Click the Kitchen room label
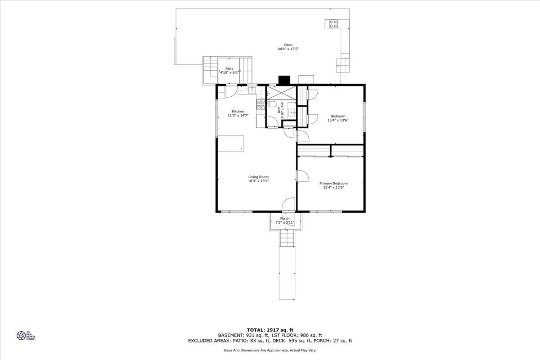click(x=238, y=112)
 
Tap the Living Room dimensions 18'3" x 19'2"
click(x=258, y=181)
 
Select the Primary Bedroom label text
click(x=333, y=184)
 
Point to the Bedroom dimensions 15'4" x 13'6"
click(x=338, y=120)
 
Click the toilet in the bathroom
click(x=272, y=104)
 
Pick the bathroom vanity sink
click(x=292, y=112)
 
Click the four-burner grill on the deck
click(x=333, y=24)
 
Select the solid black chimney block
click(x=284, y=80)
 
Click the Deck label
click(x=288, y=45)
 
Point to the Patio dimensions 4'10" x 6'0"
click(x=229, y=72)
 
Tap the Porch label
click(x=285, y=218)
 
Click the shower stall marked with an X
click(x=281, y=93)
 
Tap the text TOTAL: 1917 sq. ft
click(x=270, y=330)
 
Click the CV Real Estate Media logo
click(x=26, y=335)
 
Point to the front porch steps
click(x=287, y=238)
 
